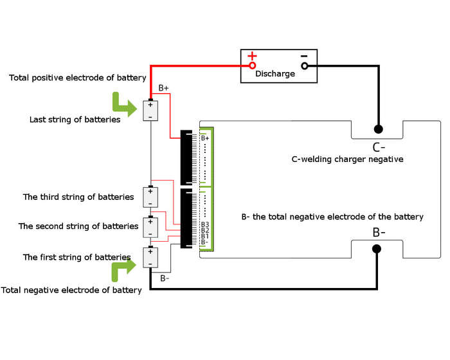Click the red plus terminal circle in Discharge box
(252, 66)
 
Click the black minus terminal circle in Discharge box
(305, 66)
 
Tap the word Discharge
(275, 74)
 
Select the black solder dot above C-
(379, 129)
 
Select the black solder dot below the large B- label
(377, 249)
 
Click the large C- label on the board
(379, 147)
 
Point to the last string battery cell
(150, 111)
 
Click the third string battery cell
(150, 197)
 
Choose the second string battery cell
(150, 227)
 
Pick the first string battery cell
(150, 257)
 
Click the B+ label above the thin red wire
(163, 88)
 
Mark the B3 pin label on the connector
(205, 224)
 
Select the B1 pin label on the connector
(205, 236)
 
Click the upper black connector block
(186, 157)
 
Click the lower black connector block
(186, 219)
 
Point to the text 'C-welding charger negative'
(347, 159)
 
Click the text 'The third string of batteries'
(78, 197)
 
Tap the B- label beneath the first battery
(165, 278)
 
